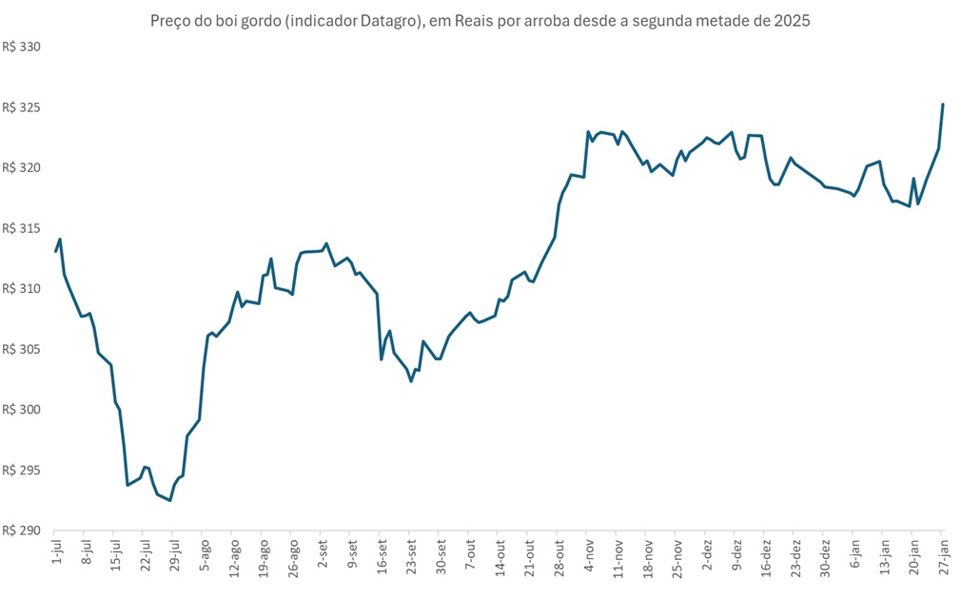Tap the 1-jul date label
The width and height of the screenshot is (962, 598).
coord(55,554)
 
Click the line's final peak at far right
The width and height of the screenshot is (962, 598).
coord(943,105)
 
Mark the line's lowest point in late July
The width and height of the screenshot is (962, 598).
coord(170,500)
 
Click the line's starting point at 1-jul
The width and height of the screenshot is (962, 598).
coord(55,251)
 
